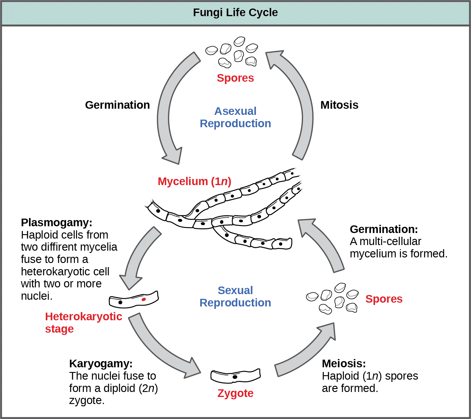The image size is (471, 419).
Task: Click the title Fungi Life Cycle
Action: point(235,13)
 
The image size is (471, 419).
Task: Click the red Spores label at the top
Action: point(235,78)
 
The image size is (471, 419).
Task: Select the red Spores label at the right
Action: point(384,299)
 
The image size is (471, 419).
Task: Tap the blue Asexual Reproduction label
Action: point(235,117)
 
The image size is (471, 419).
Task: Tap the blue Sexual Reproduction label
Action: point(235,297)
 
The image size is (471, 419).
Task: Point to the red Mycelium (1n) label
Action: point(194,181)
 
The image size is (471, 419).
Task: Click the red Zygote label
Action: point(235,393)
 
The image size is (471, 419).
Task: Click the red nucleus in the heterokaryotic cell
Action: point(144,299)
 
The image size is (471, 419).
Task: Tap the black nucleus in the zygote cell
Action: point(235,377)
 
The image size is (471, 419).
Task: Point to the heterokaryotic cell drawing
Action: point(134,300)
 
